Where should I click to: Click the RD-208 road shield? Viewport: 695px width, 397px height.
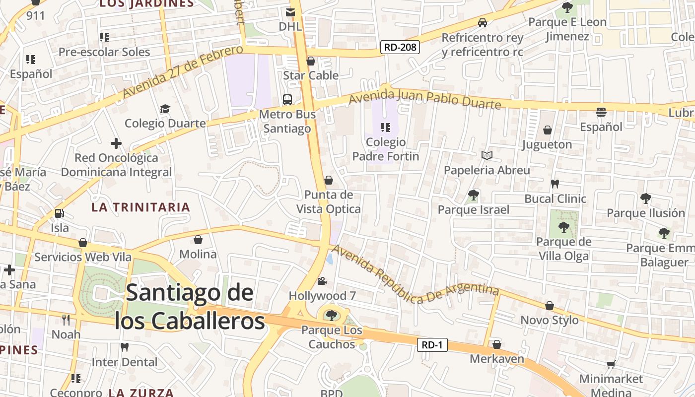click(x=400, y=47)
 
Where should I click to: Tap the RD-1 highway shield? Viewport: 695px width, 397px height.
click(x=432, y=345)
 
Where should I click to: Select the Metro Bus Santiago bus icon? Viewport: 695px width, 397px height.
click(x=287, y=99)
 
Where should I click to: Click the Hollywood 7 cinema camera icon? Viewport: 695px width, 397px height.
click(x=322, y=281)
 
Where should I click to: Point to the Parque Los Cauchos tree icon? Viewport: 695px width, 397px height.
click(x=331, y=315)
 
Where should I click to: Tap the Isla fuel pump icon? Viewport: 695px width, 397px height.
click(x=59, y=213)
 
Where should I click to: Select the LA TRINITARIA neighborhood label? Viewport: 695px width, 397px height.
click(x=141, y=207)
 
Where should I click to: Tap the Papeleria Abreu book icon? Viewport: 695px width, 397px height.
click(x=487, y=156)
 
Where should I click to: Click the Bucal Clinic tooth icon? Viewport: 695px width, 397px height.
click(x=555, y=184)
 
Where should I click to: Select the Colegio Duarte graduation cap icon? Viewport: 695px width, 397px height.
click(x=165, y=109)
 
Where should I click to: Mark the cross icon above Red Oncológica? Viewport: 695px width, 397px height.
click(x=116, y=144)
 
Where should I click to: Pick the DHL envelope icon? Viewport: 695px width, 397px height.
click(x=290, y=12)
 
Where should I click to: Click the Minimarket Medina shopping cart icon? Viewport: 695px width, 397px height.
click(x=611, y=365)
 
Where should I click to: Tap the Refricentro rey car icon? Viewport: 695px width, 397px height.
click(x=482, y=23)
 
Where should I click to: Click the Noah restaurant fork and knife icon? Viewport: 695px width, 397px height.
click(x=66, y=320)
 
